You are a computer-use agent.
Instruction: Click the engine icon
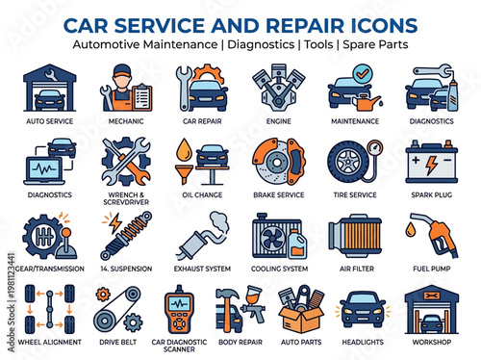click(278, 90)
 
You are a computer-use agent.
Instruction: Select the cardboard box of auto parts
click(300, 310)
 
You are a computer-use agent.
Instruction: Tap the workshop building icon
click(429, 308)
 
